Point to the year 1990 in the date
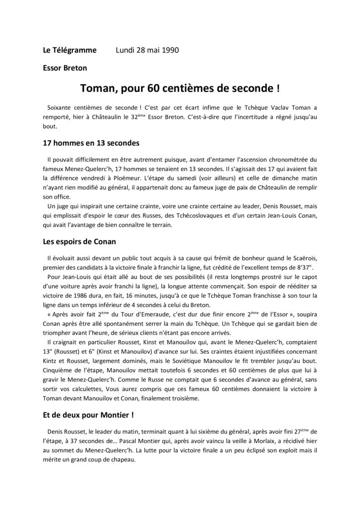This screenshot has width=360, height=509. [169, 50]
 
